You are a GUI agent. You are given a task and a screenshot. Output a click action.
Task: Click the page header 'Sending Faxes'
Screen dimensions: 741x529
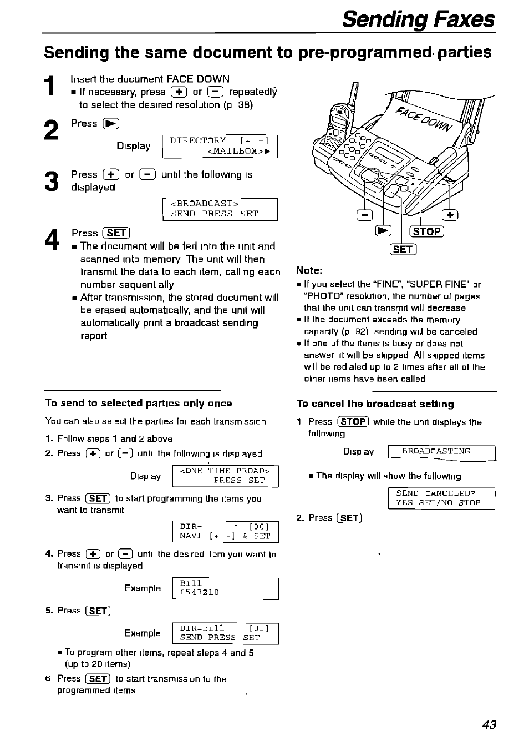point(418,19)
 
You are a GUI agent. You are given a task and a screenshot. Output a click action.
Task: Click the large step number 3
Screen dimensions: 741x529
point(51,182)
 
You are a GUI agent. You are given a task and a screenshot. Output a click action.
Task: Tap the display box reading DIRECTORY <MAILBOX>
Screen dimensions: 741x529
point(220,146)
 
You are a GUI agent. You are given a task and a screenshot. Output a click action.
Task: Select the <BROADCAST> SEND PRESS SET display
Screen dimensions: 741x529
point(220,209)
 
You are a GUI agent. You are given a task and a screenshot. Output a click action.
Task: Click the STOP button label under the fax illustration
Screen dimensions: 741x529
point(426,231)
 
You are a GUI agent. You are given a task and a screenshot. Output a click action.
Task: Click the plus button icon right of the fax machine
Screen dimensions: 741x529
point(450,215)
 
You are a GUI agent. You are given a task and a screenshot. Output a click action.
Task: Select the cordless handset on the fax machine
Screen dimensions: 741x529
point(339,122)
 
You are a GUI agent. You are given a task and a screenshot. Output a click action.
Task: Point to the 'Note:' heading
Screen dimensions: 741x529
point(309,270)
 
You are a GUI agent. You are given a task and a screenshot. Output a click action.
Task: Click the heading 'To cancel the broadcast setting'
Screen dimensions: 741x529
point(375,404)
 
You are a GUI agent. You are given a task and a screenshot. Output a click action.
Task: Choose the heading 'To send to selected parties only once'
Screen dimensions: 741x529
point(139,404)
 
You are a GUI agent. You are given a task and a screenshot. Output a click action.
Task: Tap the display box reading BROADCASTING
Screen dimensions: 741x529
point(441,452)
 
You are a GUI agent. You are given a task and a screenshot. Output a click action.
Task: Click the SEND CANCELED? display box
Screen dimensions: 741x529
point(441,498)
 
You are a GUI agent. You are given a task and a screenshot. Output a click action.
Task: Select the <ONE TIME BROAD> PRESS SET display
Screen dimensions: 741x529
point(226,476)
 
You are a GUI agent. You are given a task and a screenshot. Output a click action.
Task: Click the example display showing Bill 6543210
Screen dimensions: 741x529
point(226,588)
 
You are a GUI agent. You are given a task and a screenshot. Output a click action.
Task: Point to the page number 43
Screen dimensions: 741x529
point(489,724)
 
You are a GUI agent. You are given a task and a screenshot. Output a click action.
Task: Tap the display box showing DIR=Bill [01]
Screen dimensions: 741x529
point(226,633)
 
